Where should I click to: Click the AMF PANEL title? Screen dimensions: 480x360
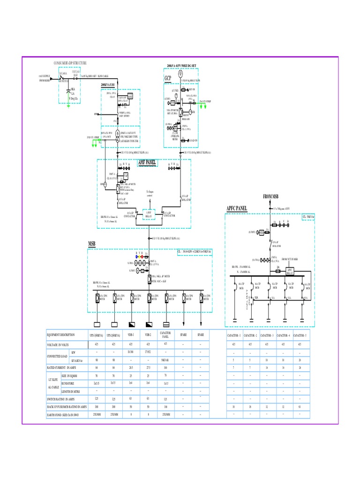point(147,163)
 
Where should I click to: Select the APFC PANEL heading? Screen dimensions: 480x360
point(237,208)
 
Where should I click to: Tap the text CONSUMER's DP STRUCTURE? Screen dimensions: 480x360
point(71,62)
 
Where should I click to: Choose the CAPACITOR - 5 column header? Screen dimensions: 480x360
point(300,335)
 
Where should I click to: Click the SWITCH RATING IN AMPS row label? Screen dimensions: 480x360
point(61,398)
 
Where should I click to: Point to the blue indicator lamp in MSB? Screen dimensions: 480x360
point(136,257)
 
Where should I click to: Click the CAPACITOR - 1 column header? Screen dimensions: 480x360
point(233,335)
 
